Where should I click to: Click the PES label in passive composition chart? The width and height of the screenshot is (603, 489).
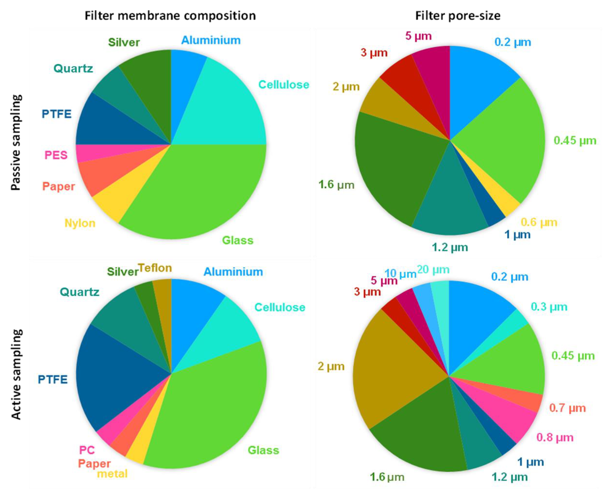[x=56, y=155]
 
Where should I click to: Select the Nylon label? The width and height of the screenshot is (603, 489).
[x=80, y=223]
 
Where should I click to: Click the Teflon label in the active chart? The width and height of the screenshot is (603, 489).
[x=155, y=268]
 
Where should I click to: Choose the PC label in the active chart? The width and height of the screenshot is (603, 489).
[x=87, y=450]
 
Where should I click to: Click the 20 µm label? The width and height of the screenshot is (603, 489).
[x=433, y=270]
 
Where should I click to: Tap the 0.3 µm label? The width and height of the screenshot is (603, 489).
[x=549, y=307]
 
